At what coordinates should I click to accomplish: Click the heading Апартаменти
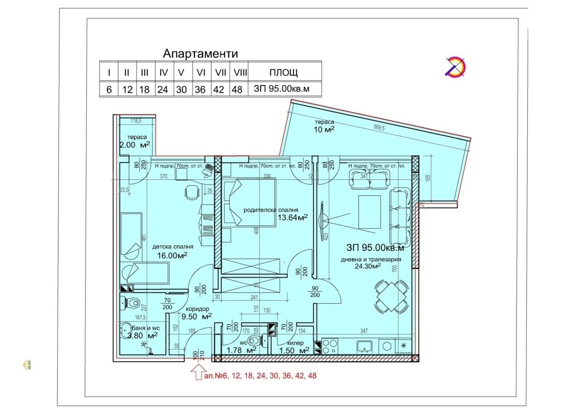point(200,54)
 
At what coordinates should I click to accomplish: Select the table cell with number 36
point(200,89)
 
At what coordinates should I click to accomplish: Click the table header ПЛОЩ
point(283,72)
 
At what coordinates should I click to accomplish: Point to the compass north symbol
point(456,67)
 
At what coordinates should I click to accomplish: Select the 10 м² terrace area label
point(324,129)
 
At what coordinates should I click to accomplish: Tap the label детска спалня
point(172,247)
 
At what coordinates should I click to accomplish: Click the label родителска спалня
point(271,210)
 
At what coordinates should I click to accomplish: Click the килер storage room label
point(295,343)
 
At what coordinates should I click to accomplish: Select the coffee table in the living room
point(370,212)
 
